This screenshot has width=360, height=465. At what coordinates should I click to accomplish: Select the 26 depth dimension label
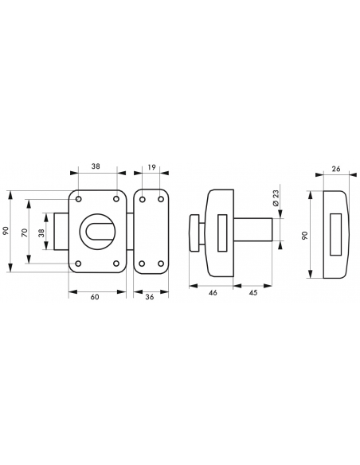[335, 168]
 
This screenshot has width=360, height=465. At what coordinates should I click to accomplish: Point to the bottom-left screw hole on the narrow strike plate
[141, 264]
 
